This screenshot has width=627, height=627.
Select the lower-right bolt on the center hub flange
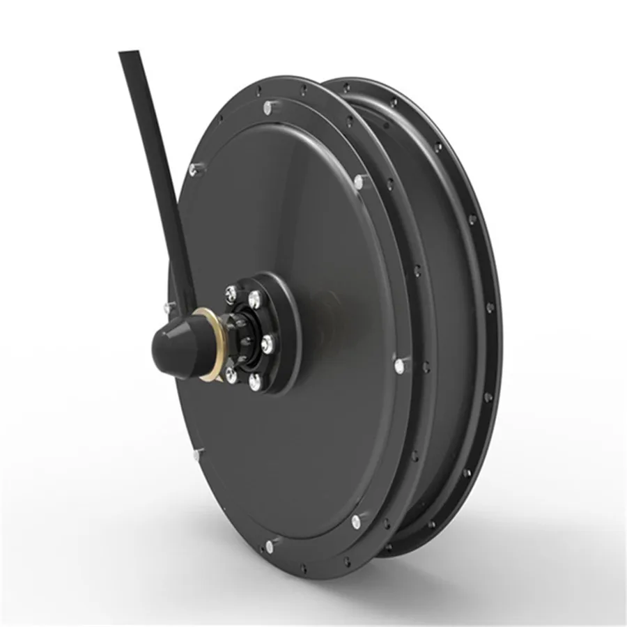[x=254, y=380]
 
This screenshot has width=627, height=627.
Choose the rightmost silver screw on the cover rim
[x=399, y=364]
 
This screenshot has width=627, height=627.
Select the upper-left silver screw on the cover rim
[x=192, y=167]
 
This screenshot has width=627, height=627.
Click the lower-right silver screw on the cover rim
[x=356, y=519]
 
